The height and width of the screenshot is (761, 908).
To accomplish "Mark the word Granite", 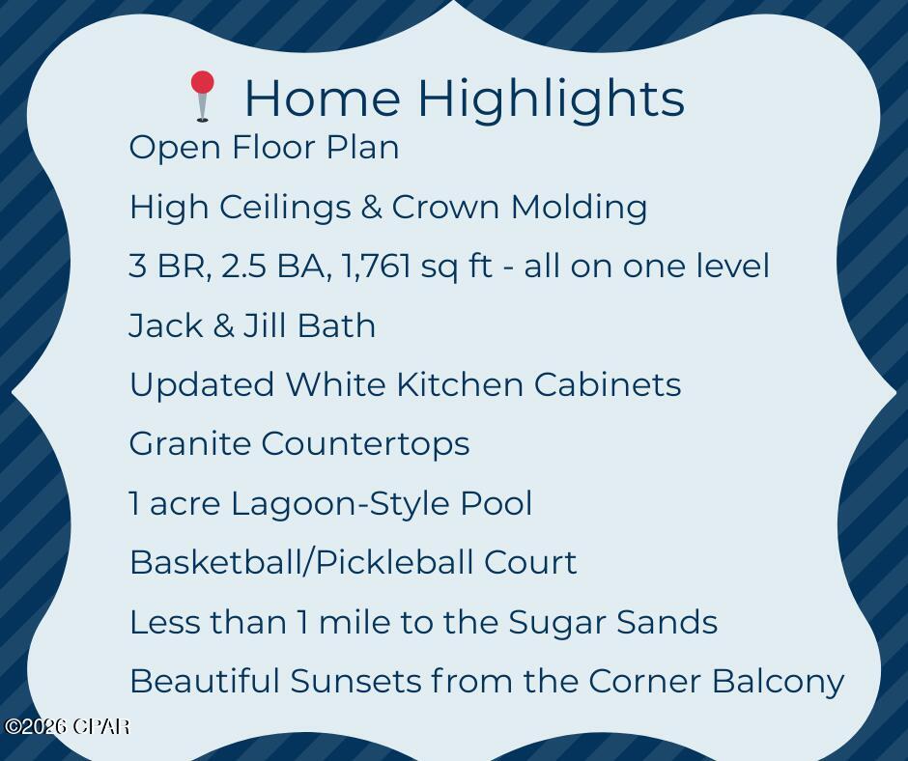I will coord(190,444).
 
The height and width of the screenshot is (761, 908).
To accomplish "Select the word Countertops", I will coord(365,444).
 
